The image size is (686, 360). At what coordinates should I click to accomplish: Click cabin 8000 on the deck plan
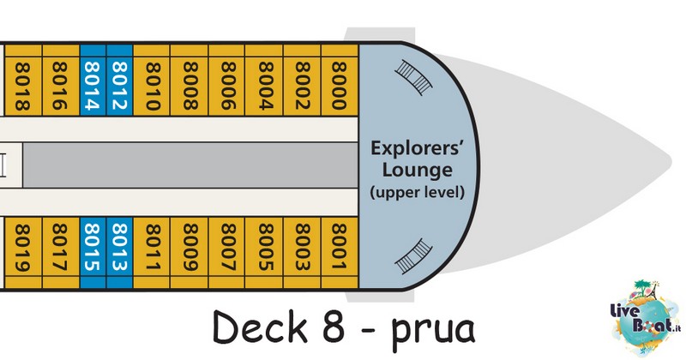[x=340, y=80]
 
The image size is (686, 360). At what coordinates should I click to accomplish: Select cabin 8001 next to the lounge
[x=340, y=252]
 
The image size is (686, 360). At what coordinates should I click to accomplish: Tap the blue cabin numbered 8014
[x=93, y=80]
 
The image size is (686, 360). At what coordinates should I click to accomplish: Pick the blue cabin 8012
[x=119, y=80]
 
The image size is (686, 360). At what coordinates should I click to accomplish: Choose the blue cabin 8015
[x=93, y=252]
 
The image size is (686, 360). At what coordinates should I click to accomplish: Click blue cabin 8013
[x=119, y=252]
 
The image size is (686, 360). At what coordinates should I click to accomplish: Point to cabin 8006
[x=226, y=80]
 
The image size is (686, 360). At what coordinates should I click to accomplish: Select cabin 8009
[x=189, y=252]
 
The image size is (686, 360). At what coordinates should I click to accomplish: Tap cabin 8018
[x=23, y=80]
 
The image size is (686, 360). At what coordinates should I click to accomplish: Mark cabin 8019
[x=23, y=252]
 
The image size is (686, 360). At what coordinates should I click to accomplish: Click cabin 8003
[x=303, y=252]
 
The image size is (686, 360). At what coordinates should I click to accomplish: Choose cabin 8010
[x=152, y=80]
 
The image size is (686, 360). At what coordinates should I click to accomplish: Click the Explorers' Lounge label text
[x=417, y=159]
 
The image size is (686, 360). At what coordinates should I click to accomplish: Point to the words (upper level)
[x=417, y=192]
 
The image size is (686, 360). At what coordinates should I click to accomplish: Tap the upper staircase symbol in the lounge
[x=413, y=77]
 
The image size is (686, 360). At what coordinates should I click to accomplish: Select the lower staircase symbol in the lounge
[x=413, y=257]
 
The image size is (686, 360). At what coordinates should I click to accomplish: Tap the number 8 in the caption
[x=334, y=327]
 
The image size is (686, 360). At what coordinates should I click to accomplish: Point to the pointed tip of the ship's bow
[x=671, y=160]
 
